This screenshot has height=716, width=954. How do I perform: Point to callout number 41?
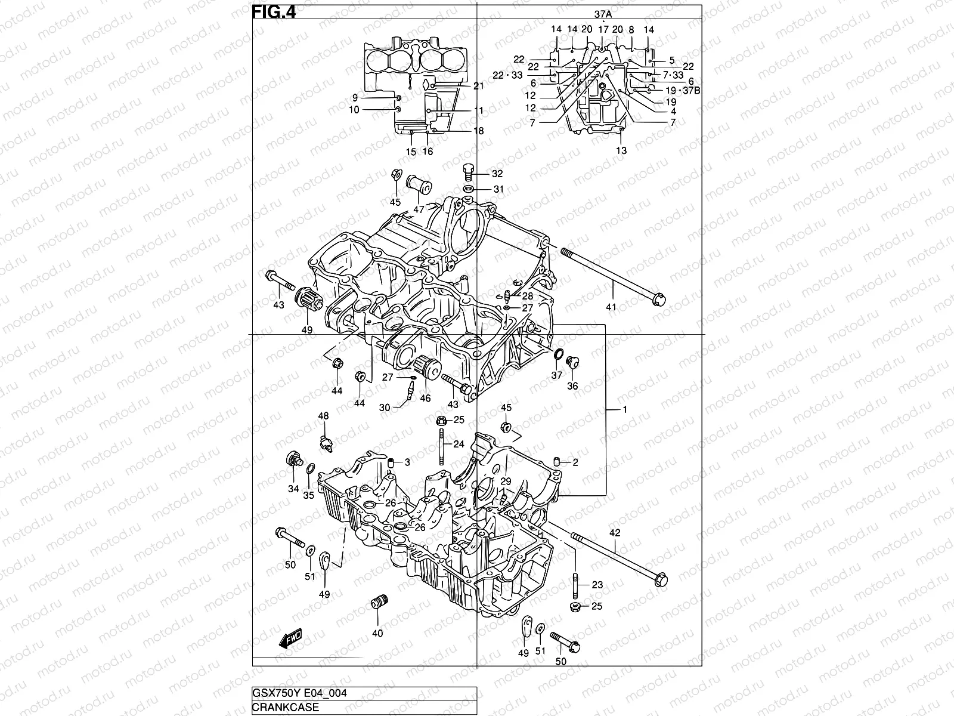click(x=611, y=307)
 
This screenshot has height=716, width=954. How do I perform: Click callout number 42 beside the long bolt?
click(x=615, y=533)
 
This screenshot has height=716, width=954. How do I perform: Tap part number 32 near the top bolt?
click(x=497, y=174)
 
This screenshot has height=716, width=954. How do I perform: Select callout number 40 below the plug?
click(x=377, y=633)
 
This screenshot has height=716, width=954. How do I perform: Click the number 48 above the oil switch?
click(x=323, y=416)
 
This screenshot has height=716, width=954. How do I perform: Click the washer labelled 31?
click(x=469, y=190)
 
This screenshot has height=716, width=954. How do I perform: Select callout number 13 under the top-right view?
click(x=621, y=151)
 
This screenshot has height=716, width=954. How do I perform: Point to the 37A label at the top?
click(x=603, y=14)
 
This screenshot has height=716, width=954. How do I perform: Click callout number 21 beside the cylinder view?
click(x=478, y=87)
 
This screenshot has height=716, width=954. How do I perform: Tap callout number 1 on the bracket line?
click(x=625, y=409)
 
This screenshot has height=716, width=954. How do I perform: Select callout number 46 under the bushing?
click(x=425, y=398)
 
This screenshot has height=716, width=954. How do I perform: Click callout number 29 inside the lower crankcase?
click(x=506, y=482)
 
